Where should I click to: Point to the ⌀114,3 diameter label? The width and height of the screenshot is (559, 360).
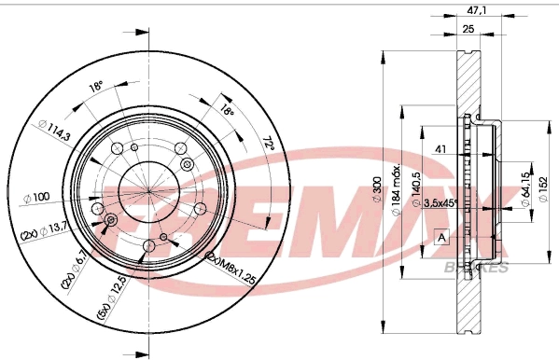tap(52, 128)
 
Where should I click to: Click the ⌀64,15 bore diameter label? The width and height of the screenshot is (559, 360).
tap(522, 188)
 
